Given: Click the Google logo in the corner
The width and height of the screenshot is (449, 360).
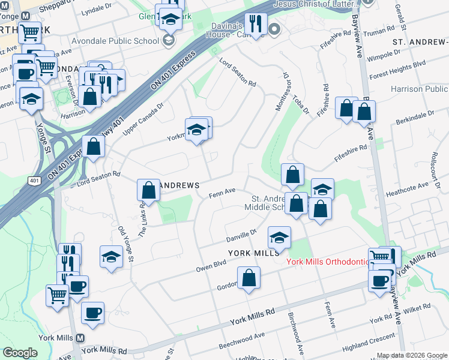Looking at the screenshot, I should tap(20, 353).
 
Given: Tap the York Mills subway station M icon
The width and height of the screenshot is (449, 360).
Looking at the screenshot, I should tap(80, 338).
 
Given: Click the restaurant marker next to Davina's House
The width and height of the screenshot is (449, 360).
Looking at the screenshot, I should tap(256, 24).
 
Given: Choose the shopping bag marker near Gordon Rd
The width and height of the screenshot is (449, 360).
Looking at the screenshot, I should tap(249, 278).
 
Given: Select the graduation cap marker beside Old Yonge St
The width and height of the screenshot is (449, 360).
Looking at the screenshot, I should tap(111, 257).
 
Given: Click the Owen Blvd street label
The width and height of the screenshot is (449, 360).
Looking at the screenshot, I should tap(211, 266).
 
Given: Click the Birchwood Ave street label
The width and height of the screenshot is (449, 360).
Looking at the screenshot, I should tap(295, 327).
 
